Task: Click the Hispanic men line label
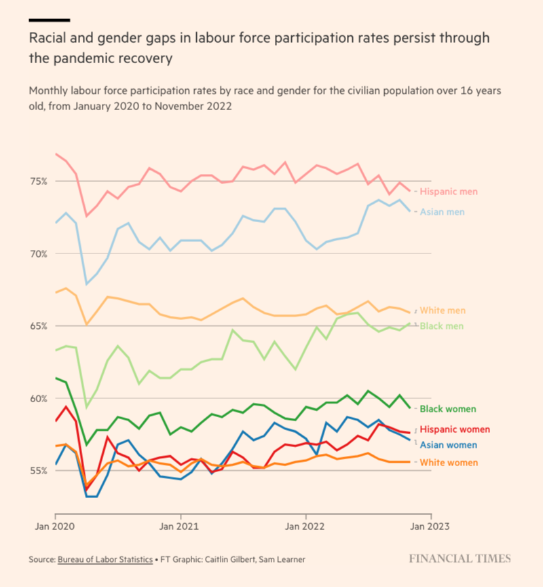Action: coord(449,192)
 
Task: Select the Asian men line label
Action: coord(443,212)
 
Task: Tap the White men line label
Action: coord(443,310)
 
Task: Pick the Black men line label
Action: coord(443,327)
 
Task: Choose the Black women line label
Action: coord(448,409)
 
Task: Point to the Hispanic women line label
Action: coord(454,429)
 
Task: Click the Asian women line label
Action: coord(448,445)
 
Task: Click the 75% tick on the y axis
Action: coord(38,181)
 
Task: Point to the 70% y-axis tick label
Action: coord(38,253)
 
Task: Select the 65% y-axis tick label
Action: coord(38,325)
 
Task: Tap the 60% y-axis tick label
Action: coord(38,398)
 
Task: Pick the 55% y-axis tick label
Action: coord(38,470)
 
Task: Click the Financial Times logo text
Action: coord(460,558)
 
